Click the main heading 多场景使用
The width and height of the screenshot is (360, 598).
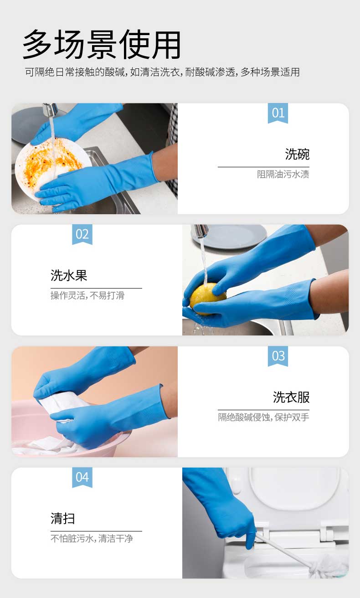pos(102,44)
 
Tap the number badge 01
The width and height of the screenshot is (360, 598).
pos(278,113)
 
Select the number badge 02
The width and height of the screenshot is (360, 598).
pos(82,234)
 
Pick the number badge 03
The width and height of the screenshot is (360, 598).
pos(278,356)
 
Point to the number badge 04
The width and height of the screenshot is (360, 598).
pos(82,477)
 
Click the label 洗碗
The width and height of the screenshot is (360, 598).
pos(297,154)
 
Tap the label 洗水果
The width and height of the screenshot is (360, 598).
pos(69,275)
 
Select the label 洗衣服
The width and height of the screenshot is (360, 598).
pos(291,397)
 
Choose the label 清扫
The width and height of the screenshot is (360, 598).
pos(63,518)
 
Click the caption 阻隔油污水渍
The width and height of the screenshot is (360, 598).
pos(283,174)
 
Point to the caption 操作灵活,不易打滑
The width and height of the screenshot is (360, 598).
pos(87,295)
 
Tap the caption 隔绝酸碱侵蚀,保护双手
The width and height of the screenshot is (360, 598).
pos(263,417)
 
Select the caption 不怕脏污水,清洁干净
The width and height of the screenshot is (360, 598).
pos(92,538)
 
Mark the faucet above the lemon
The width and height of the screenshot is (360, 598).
pos(200,231)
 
